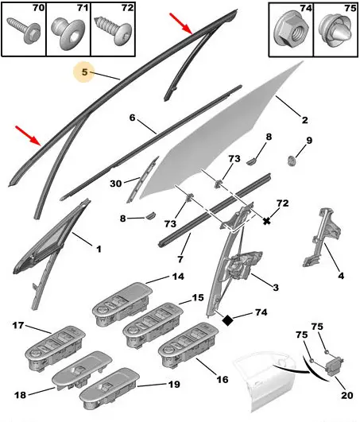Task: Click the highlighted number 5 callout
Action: [x=84, y=72]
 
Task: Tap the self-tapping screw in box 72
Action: [x=114, y=30]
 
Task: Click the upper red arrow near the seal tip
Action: [x=181, y=24]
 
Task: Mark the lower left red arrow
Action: [x=28, y=136]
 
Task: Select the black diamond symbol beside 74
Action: [x=227, y=320]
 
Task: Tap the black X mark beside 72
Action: [x=266, y=221]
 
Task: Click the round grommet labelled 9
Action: [x=291, y=161]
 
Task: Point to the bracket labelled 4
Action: [x=322, y=237]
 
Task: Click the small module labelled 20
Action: [x=334, y=366]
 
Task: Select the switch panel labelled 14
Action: [x=122, y=304]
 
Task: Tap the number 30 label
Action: [x=116, y=184]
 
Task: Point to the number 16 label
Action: [x=223, y=379]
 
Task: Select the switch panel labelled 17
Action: [x=56, y=349]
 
